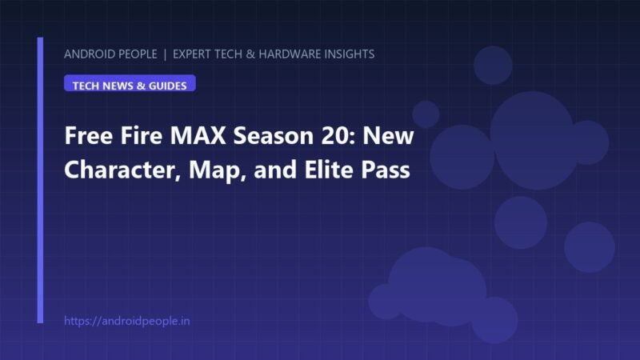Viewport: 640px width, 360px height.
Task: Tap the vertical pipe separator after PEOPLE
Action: (x=165, y=54)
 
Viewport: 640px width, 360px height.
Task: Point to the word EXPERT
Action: (x=192, y=54)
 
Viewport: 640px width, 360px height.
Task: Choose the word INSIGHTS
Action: (x=350, y=54)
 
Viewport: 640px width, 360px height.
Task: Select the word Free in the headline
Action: (x=88, y=135)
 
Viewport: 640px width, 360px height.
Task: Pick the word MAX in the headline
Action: (x=198, y=135)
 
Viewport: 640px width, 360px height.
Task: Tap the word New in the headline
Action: (x=388, y=135)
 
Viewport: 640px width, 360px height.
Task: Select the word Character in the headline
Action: (x=119, y=170)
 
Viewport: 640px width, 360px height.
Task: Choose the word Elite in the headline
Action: (x=329, y=169)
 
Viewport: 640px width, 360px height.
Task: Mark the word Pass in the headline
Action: (x=386, y=170)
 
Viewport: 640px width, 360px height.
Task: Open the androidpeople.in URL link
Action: (x=127, y=322)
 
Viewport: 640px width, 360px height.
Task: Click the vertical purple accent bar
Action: (x=40, y=180)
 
